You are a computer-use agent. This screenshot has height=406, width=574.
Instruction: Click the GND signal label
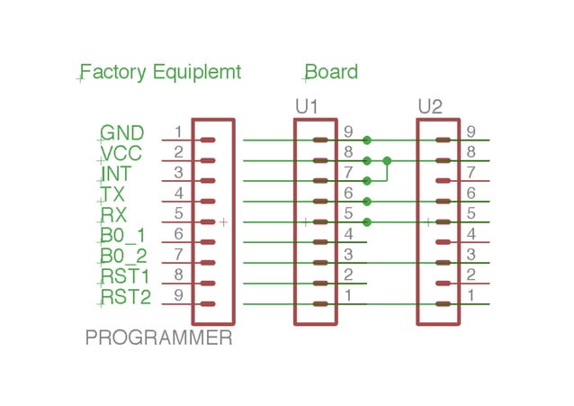point(121,134)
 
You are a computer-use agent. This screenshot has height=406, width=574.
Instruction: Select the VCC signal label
point(121,154)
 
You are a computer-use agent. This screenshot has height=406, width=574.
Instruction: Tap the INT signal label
point(117,174)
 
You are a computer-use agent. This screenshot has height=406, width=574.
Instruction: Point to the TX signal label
point(113,194)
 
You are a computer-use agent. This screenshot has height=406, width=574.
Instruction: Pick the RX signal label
point(114,215)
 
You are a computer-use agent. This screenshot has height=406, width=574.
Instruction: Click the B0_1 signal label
point(122,236)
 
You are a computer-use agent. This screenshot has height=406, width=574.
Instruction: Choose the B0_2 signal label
point(122,257)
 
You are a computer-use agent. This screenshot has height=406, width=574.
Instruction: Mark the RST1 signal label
point(125,276)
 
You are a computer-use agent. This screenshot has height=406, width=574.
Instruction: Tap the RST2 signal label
point(125,297)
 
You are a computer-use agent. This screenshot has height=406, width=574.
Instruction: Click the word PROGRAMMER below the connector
point(159,339)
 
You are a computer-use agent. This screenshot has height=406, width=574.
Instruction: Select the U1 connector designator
point(308,107)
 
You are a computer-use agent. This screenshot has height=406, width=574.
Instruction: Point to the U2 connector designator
point(430,107)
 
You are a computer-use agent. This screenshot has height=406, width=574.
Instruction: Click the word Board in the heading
point(332,72)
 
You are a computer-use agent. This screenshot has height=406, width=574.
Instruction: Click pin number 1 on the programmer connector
point(178,132)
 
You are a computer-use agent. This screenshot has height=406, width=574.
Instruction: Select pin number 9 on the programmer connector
point(178,294)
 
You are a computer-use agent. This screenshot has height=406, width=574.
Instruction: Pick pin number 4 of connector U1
point(347,234)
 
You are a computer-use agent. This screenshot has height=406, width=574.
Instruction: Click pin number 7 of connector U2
point(471,172)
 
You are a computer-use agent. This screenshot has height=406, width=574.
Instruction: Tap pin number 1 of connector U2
point(471,294)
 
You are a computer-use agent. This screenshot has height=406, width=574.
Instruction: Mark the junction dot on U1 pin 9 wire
point(367,140)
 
